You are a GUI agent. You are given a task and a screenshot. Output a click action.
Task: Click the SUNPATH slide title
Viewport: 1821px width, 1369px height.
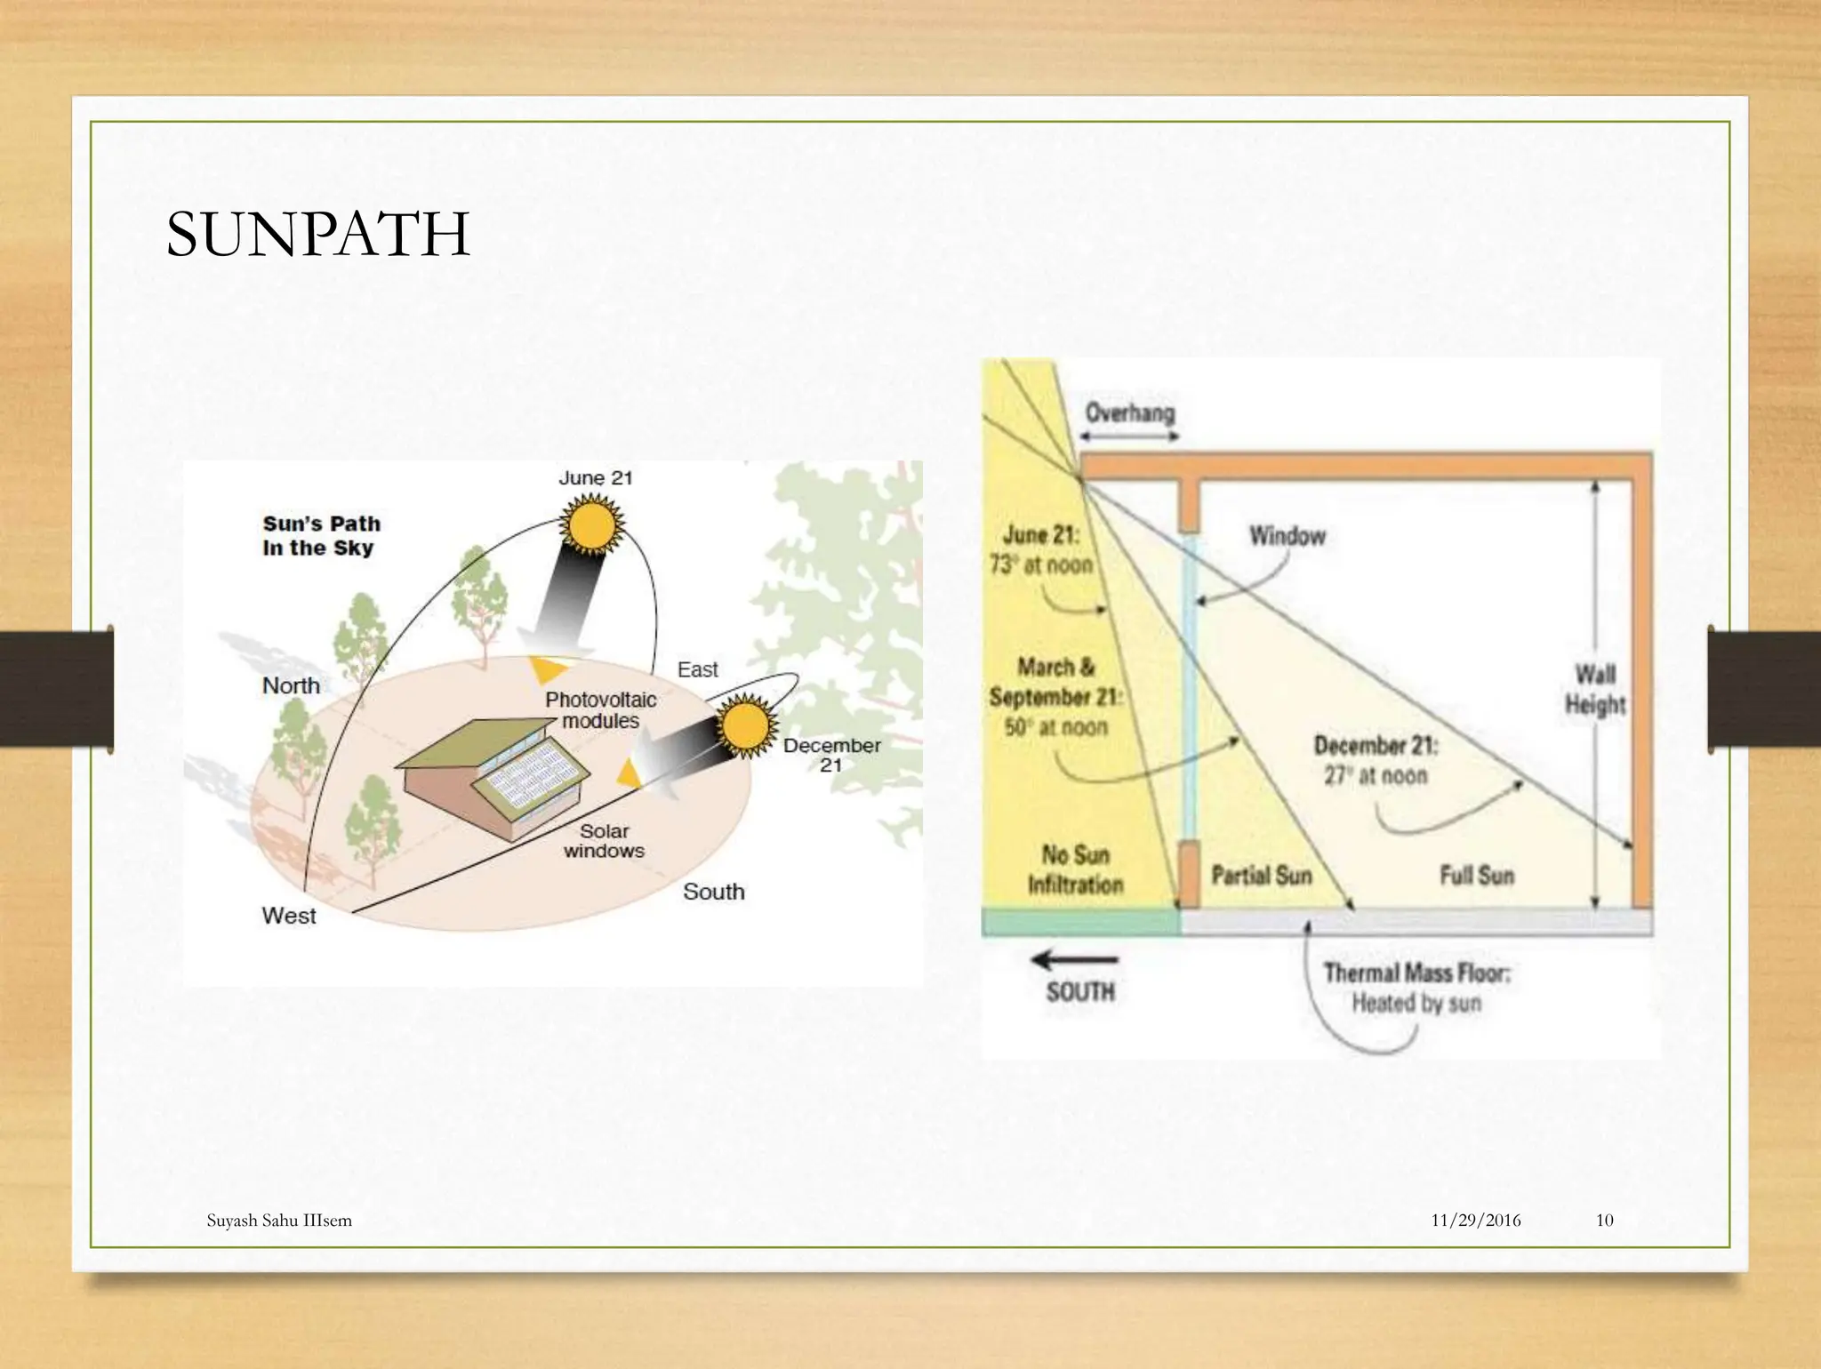317,235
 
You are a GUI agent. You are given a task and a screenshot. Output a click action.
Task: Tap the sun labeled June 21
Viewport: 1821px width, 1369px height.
591,524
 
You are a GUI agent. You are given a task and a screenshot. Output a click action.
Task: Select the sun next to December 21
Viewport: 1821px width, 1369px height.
745,728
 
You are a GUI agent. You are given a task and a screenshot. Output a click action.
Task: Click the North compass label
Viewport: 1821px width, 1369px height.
291,685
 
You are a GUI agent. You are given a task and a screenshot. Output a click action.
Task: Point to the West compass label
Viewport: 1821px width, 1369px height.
289,916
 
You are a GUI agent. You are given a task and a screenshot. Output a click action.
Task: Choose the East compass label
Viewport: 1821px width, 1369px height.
697,669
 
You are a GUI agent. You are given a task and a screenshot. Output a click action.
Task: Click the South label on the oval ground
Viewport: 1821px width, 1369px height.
713,892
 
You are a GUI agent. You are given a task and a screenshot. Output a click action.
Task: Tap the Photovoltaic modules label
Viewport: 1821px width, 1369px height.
601,710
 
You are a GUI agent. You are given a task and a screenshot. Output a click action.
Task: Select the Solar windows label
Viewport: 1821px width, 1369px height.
604,841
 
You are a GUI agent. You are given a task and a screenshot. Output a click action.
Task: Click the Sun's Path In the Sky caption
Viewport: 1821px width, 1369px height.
321,536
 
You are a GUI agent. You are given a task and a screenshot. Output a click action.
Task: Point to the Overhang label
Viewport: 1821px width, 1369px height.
1129,413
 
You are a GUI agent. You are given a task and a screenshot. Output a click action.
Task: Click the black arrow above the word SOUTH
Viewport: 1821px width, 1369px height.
1074,960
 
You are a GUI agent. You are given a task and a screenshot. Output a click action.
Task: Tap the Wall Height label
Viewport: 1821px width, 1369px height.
1594,689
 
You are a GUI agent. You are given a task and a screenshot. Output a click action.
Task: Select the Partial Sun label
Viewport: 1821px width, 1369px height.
1261,876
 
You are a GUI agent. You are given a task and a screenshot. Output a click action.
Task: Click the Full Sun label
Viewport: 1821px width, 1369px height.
1476,876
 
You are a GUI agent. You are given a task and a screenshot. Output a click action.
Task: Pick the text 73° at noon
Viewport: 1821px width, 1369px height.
1040,564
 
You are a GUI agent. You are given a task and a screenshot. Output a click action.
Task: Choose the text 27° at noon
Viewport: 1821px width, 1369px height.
1375,775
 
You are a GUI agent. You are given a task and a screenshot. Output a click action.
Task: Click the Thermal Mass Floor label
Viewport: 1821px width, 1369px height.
1416,973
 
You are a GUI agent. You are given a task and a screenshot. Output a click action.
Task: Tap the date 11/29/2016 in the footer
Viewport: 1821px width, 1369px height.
1475,1221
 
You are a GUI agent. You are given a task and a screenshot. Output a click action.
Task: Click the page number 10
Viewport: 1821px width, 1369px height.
1604,1221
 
